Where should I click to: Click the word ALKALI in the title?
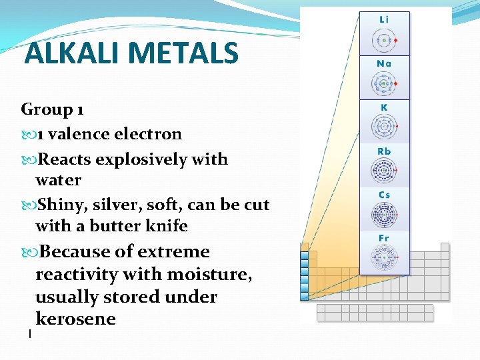pyautogui.click(x=73, y=53)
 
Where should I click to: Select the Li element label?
pyautogui.click(x=384, y=20)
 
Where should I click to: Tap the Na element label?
pyautogui.click(x=384, y=64)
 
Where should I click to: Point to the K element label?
pyautogui.click(x=384, y=107)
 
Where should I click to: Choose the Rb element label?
pyautogui.click(x=384, y=151)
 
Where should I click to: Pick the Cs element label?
pyautogui.click(x=384, y=195)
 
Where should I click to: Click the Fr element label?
pyautogui.click(x=384, y=238)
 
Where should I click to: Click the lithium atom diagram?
pyautogui.click(x=384, y=41)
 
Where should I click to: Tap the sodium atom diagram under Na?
pyautogui.click(x=384, y=84)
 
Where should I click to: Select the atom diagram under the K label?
pyautogui.click(x=384, y=127)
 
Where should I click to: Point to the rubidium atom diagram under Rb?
pyautogui.click(x=384, y=171)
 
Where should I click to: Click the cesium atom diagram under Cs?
pyautogui.click(x=384, y=215)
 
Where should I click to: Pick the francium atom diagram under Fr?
pyautogui.click(x=384, y=257)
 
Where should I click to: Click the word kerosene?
pyautogui.click(x=75, y=319)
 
